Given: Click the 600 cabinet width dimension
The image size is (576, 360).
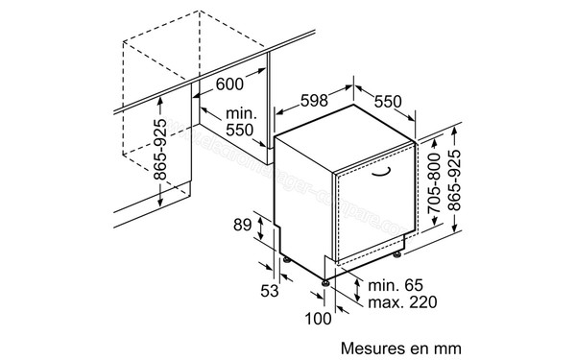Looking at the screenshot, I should click(229, 84).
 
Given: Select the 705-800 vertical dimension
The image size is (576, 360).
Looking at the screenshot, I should click(435, 184).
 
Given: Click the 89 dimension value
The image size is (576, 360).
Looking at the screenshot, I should click(244, 226).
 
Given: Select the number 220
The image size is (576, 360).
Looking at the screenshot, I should click(422, 302).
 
